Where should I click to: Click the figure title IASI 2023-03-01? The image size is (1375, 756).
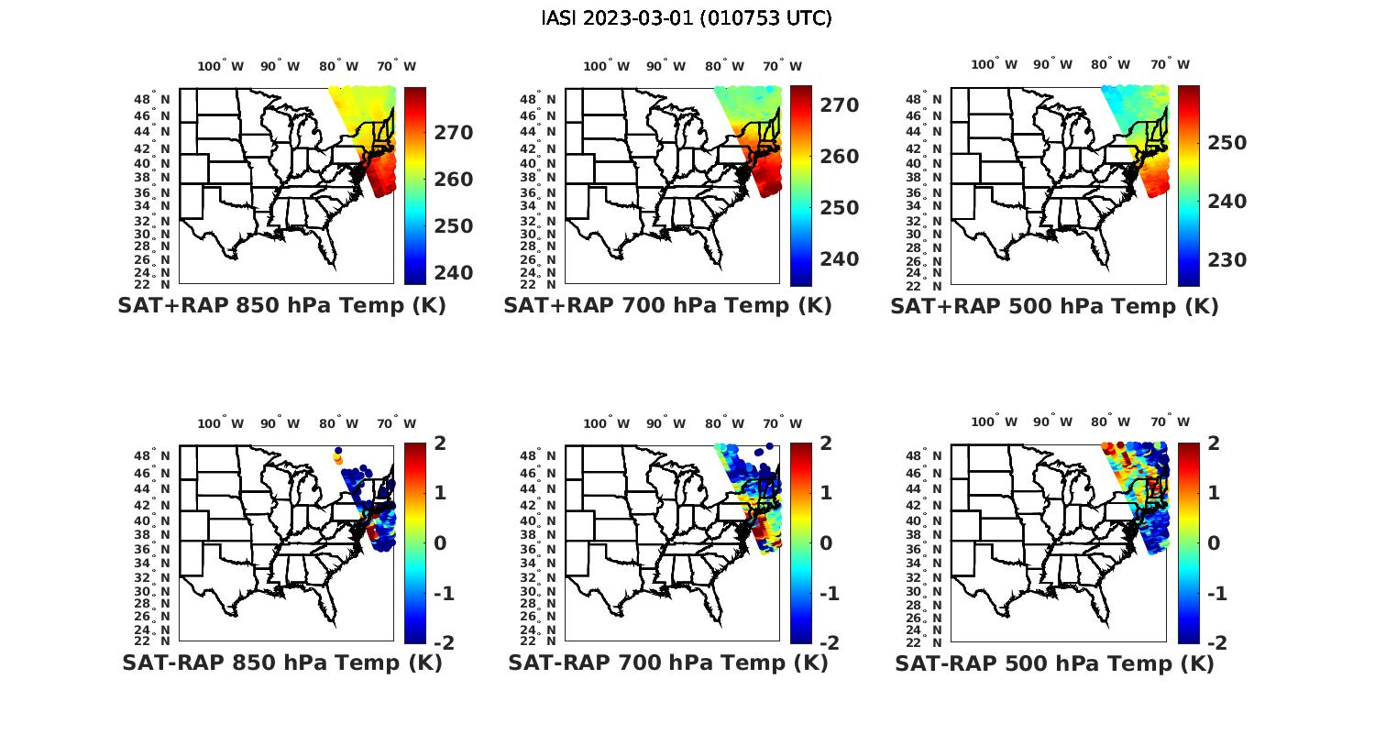[x=687, y=18]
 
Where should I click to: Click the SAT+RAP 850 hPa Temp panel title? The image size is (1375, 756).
[x=281, y=305]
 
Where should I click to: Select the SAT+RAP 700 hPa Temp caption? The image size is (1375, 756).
[x=667, y=305]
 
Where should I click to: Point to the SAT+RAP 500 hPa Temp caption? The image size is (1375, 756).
[x=1054, y=306]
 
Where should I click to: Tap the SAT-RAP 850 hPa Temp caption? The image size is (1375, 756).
[x=281, y=663]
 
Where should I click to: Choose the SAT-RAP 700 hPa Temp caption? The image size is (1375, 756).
[x=667, y=663]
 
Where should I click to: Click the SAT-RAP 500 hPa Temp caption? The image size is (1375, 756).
[x=1054, y=663]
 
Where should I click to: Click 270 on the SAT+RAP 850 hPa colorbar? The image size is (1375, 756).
[x=454, y=133]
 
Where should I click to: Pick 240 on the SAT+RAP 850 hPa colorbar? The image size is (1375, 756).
[x=454, y=273]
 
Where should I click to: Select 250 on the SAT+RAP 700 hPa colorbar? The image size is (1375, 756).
[x=840, y=208]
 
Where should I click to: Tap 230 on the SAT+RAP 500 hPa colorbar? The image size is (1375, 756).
[x=1226, y=260]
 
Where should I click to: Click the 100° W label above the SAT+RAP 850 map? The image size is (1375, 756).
[x=220, y=66]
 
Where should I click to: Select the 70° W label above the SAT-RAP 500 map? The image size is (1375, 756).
[x=1169, y=422]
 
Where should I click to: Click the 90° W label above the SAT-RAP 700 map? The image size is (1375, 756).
[x=665, y=423]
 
